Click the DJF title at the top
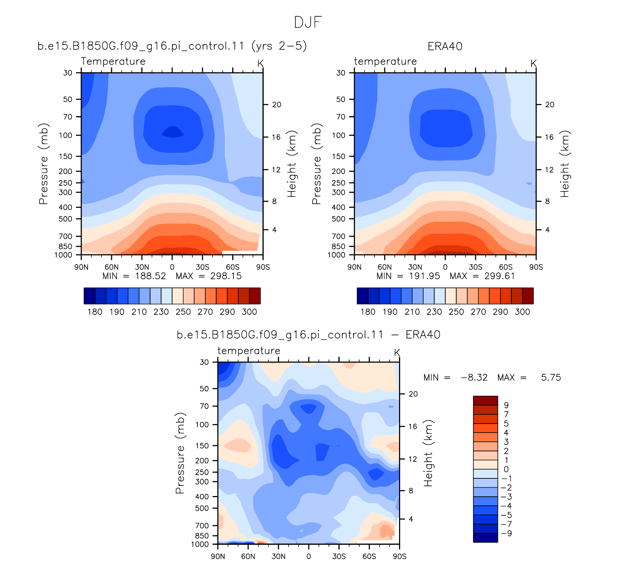click(x=308, y=22)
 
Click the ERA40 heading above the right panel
click(x=445, y=47)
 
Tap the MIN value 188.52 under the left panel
click(x=150, y=276)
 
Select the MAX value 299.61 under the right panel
click(x=500, y=276)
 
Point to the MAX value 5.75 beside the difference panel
click(x=551, y=377)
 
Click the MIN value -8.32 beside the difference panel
click(x=474, y=377)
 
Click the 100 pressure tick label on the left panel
click(x=65, y=135)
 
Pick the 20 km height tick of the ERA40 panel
click(x=550, y=105)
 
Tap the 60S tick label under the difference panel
click(x=369, y=556)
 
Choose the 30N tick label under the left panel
click(x=142, y=267)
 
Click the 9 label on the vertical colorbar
click(x=506, y=405)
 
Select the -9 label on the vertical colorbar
click(x=507, y=533)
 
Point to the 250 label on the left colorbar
click(x=183, y=312)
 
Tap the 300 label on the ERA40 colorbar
click(x=522, y=312)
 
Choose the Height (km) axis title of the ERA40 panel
click(x=565, y=164)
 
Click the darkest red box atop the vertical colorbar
click(x=485, y=400)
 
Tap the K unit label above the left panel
click(x=261, y=63)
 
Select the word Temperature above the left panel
click(x=113, y=61)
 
